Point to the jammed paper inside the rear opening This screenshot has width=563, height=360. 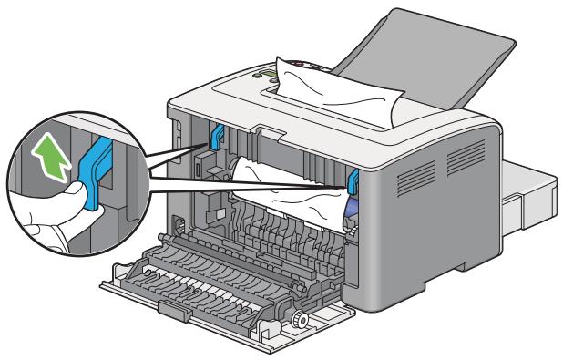point(273,182)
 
